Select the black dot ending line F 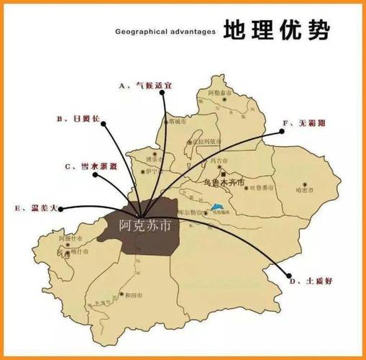[278, 132]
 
